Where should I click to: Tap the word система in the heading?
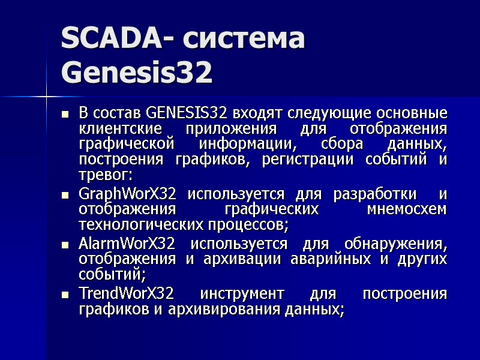(252, 40)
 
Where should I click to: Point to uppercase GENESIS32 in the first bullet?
(187, 113)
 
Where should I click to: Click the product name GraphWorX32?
(127, 194)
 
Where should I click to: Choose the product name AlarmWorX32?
(127, 244)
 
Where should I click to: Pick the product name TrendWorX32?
(126, 294)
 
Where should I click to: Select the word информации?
(248, 145)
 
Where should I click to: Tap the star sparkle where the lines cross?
(46, 95)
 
